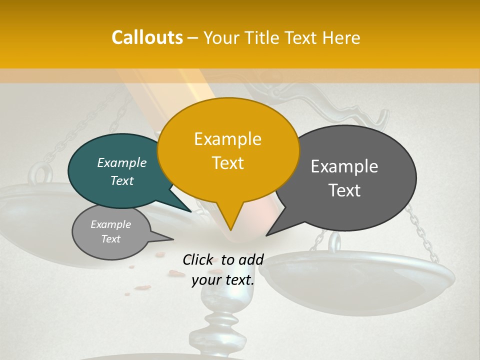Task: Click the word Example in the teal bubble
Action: pos(121,163)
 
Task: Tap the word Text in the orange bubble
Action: pos(227,163)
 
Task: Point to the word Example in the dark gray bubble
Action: pos(344,166)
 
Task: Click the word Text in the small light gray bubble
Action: pos(110,239)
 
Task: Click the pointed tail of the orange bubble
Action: pos(230,227)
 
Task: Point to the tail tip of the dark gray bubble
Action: pos(268,233)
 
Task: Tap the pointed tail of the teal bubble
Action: pos(188,210)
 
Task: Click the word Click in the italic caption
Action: pos(198,259)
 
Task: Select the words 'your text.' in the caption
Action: pos(223,280)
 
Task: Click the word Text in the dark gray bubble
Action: pos(345,190)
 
